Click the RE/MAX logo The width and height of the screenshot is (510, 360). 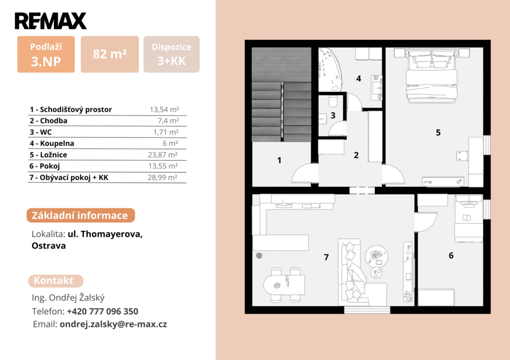(x=51, y=21)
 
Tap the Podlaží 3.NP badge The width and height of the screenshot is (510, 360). (x=46, y=54)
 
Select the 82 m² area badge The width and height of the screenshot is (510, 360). (x=110, y=54)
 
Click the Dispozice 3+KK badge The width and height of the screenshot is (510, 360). (x=171, y=54)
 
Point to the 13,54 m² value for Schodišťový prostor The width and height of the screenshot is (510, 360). (x=164, y=110)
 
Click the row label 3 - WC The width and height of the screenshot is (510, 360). (x=41, y=132)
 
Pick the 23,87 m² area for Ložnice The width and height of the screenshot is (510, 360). (x=163, y=155)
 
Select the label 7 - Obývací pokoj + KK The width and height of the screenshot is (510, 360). (x=69, y=178)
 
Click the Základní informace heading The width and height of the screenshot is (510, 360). (x=81, y=215)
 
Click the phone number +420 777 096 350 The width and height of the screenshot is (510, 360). (x=103, y=311)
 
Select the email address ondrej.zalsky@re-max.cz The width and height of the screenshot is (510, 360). (x=113, y=324)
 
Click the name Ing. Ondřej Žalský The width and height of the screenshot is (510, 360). (x=68, y=298)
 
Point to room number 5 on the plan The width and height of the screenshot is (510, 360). (x=438, y=132)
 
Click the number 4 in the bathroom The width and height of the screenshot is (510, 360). (x=359, y=78)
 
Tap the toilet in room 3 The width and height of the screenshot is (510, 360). (x=333, y=101)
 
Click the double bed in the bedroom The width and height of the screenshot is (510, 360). (x=431, y=76)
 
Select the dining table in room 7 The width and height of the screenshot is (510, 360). (x=284, y=285)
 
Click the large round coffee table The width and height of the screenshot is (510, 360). (x=377, y=255)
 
